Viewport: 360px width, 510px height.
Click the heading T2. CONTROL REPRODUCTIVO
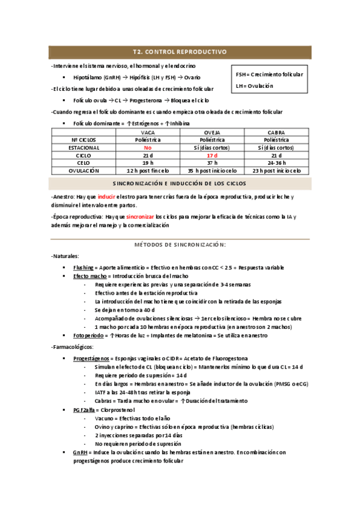(x=180, y=52)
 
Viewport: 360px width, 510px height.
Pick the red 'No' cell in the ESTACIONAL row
(x=146, y=147)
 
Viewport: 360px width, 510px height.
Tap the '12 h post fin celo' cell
(x=146, y=171)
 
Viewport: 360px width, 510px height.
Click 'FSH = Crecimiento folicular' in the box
(x=269, y=75)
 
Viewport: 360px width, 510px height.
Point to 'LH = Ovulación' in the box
(x=254, y=86)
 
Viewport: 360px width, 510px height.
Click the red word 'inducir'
(x=106, y=197)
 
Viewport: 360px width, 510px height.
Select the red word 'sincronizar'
(x=140, y=217)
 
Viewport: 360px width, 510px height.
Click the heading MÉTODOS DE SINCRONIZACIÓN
(x=180, y=245)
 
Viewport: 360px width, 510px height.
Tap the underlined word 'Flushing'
(x=83, y=267)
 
